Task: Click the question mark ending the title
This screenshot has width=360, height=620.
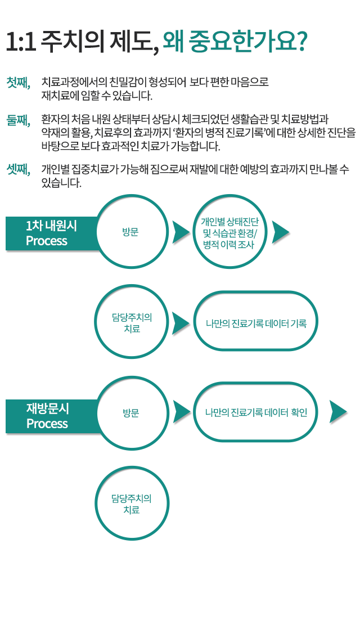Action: click(x=301, y=42)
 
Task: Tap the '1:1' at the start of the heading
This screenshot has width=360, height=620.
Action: click(x=21, y=42)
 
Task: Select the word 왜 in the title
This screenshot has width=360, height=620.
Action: click(x=173, y=42)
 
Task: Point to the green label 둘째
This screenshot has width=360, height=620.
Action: click(x=19, y=119)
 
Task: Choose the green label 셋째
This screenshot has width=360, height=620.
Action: click(x=19, y=169)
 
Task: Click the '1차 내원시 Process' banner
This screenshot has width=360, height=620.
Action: click(x=51, y=233)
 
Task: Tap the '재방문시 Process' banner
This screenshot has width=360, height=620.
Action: click(x=51, y=416)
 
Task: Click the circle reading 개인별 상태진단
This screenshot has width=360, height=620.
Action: click(x=229, y=232)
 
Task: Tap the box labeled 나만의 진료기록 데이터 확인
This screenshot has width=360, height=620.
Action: click(x=256, y=412)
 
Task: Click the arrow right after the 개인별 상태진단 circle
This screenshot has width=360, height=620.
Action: click(x=280, y=232)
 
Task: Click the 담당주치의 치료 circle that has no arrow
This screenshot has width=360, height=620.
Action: click(x=132, y=504)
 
